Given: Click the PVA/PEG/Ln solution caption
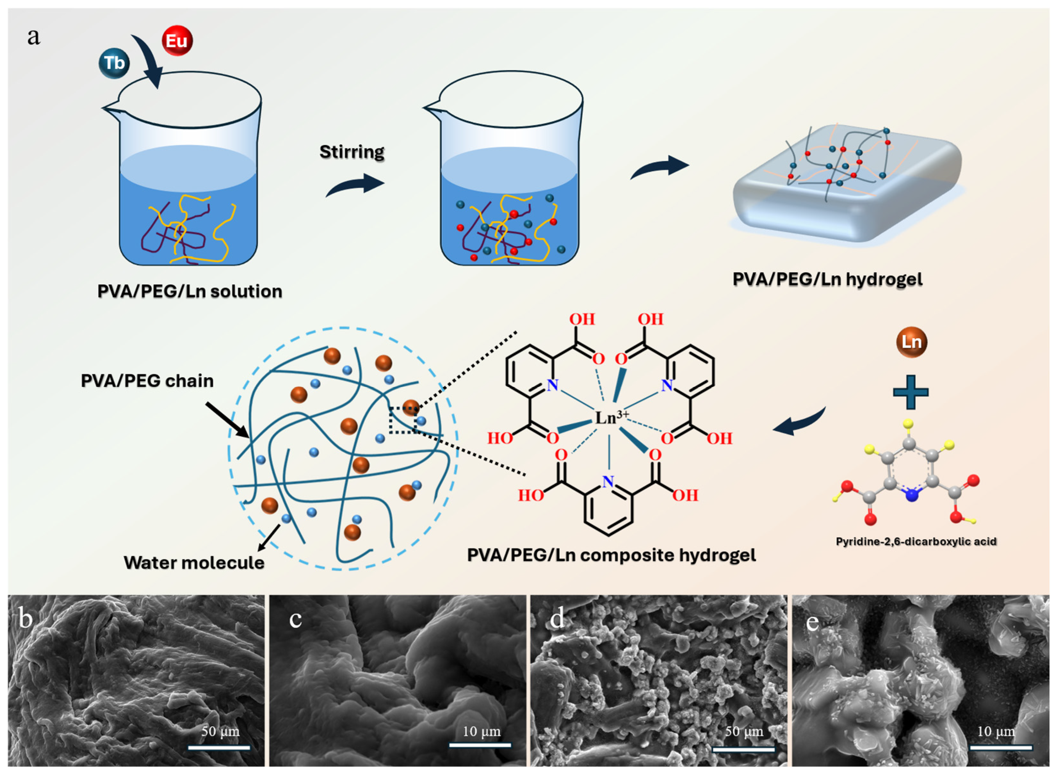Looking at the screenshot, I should pos(189,292).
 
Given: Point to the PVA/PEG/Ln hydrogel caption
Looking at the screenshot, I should pos(827,279).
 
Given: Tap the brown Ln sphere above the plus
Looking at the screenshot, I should pos(911,342).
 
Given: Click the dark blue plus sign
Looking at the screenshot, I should pos(910,392).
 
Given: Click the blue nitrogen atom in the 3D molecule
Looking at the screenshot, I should pos(912,495).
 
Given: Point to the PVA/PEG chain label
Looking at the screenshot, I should pos(147,380).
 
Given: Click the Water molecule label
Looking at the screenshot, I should pos(194,563).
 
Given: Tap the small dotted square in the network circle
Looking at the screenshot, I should pos(402,419).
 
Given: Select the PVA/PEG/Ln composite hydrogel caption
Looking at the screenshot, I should pos(611,555).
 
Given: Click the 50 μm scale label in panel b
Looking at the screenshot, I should pos(220,731).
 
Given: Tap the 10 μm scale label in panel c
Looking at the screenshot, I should pos(481,731).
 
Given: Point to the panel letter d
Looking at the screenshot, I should pos(557,619).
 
